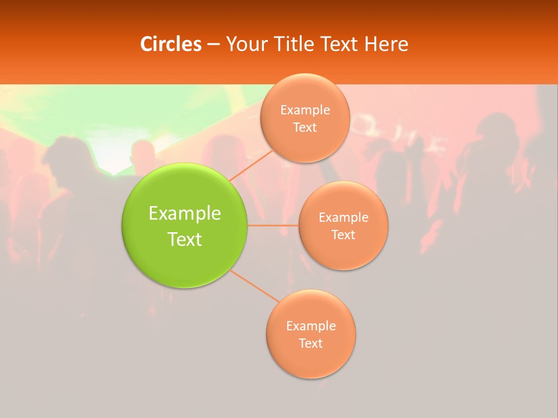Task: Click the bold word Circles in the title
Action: point(170,44)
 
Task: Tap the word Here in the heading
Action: point(386,44)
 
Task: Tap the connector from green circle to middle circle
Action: point(273,225)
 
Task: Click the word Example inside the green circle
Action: point(185,214)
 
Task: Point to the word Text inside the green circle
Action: point(185,239)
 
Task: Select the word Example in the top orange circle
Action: point(305,110)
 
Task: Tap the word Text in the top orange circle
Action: point(305,128)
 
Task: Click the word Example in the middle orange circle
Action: point(344,218)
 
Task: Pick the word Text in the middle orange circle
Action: point(344,235)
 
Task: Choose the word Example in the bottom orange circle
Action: point(311,326)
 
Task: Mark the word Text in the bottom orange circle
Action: point(311,344)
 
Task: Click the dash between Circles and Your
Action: point(213,45)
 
